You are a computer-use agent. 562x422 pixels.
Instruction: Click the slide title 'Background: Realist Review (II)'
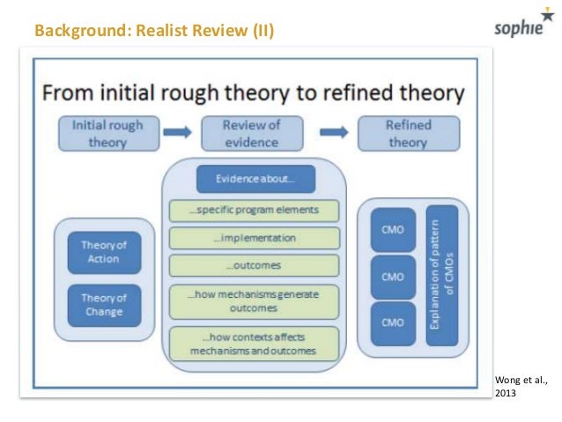point(154,33)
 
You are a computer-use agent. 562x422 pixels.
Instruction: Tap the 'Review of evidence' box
point(250,133)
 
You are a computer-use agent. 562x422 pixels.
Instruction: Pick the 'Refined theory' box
point(408,133)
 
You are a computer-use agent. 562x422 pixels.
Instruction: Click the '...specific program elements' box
point(254,211)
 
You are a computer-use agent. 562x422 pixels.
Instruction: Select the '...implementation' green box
point(254,238)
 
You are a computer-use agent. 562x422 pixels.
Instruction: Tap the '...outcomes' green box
point(254,264)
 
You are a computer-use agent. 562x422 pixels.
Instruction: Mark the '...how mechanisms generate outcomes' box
point(254,300)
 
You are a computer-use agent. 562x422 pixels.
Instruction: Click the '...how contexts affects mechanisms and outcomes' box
point(254,343)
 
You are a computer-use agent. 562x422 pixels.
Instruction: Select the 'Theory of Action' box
point(104,252)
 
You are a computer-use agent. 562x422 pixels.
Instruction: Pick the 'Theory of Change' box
point(104,304)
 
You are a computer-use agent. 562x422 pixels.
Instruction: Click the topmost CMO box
point(392,228)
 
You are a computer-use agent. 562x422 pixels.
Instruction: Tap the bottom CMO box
point(392,322)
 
